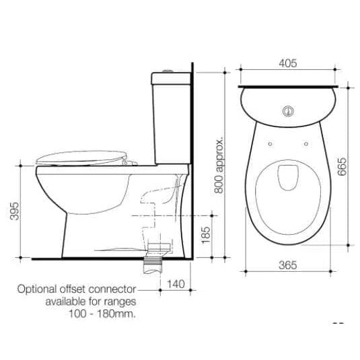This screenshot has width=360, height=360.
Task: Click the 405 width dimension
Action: pyautogui.click(x=288, y=63)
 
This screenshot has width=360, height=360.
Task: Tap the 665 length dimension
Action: pyautogui.click(x=342, y=166)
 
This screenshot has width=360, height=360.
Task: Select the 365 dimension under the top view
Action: pyautogui.click(x=288, y=265)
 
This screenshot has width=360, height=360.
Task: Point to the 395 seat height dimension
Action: pyautogui.click(x=15, y=211)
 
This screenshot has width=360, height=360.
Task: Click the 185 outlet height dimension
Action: pyautogui.click(x=205, y=235)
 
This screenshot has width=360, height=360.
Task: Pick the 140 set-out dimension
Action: pyautogui.click(x=176, y=284)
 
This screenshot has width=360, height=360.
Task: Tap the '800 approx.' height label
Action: pyautogui.click(x=219, y=165)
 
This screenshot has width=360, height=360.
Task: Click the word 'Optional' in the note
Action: pyautogui.click(x=37, y=289)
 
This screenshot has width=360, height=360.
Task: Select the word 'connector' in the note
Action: pyautogui.click(x=112, y=289)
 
